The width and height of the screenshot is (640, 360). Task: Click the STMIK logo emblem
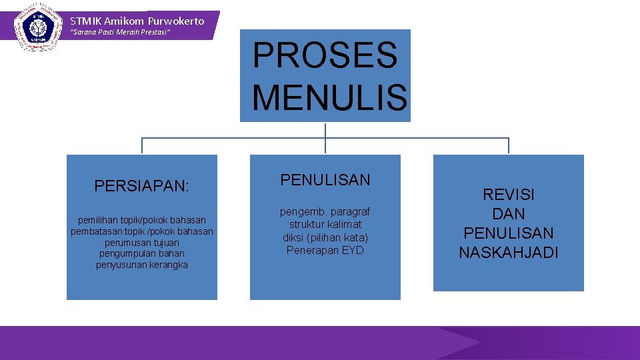coord(34,27)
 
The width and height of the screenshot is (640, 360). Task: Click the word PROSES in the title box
coord(325,55)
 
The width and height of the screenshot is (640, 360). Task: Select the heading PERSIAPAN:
coord(142,186)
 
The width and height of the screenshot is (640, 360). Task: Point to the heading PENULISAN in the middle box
coord(325,180)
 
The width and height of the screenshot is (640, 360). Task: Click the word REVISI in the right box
coord(509,195)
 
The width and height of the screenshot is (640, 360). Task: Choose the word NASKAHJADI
coord(509,253)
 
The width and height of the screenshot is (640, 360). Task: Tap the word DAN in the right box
coord(509,214)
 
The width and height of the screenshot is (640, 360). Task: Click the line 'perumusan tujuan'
coord(142,243)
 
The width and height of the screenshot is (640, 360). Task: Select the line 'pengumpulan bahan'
coord(142,254)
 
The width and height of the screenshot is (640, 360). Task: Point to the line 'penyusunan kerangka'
coord(142,265)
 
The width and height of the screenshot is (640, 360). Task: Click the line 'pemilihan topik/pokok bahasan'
coord(142,220)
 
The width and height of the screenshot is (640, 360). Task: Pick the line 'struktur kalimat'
coord(325,225)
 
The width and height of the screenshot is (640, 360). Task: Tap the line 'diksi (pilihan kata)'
coord(325,237)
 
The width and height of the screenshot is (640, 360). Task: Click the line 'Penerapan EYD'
coord(325,250)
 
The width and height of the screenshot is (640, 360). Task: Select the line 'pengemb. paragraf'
coord(325,212)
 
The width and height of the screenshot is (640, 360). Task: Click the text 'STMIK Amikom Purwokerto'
coord(137,21)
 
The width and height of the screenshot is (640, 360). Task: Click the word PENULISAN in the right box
coord(509,233)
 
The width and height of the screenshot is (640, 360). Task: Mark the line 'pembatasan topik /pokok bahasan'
coord(142,231)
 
